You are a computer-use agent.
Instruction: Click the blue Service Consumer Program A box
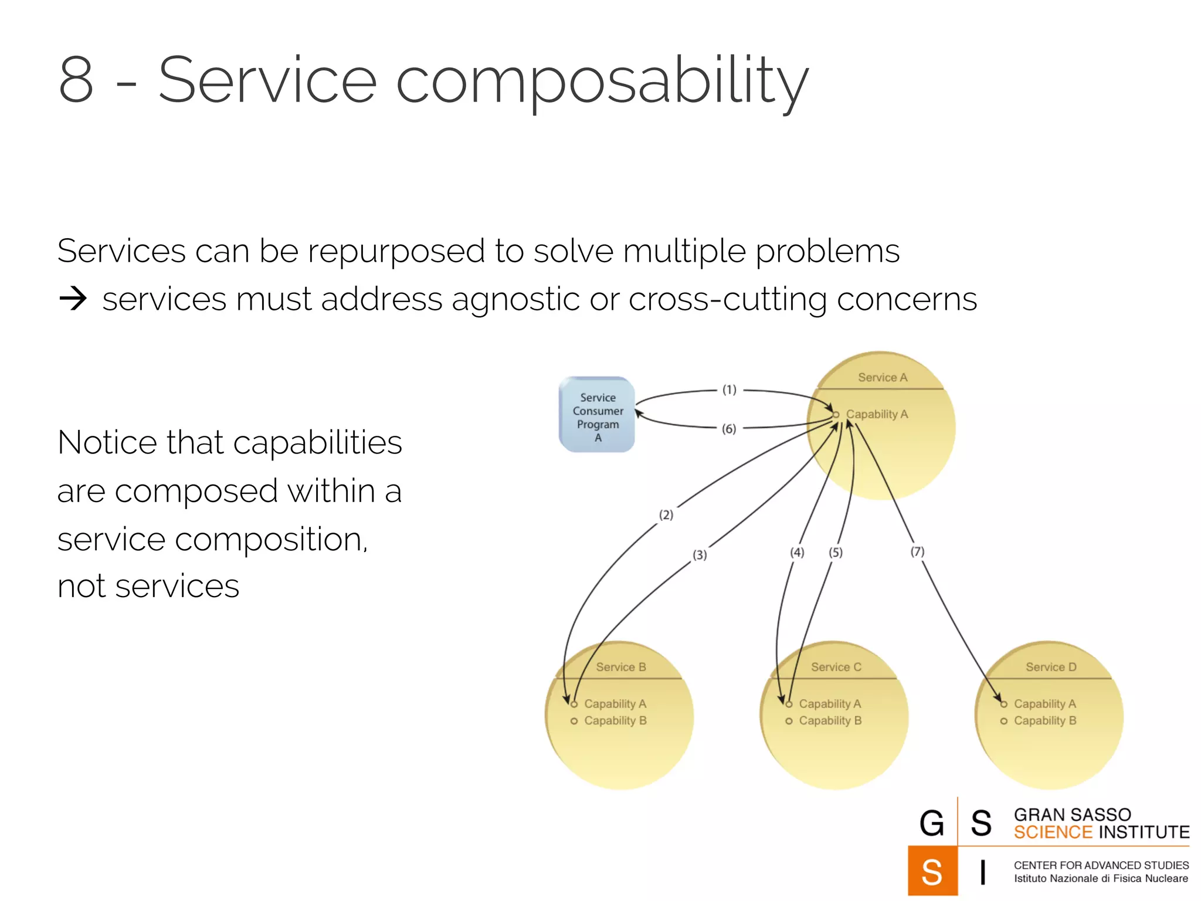point(597,415)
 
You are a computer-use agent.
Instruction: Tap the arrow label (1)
point(729,390)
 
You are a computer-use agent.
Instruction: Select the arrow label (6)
point(729,429)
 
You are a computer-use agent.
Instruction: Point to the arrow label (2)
point(666,515)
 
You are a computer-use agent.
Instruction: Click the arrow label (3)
point(700,555)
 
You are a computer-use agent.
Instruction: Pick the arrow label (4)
point(797,553)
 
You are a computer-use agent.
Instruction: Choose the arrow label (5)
point(836,553)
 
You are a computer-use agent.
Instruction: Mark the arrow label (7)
point(917,552)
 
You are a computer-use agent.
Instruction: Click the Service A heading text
point(883,378)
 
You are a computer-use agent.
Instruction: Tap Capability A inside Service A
point(877,415)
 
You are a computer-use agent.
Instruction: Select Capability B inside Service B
point(615,721)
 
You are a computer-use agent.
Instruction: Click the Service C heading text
point(836,668)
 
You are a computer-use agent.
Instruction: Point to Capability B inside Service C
point(830,721)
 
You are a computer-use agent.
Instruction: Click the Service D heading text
point(1051,668)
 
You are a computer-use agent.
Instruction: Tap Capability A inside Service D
point(1045,704)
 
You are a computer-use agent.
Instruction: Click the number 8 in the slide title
point(76,80)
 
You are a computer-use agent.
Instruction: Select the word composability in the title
point(602,82)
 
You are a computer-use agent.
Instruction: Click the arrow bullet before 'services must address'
point(73,299)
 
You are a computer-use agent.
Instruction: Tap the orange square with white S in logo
point(932,872)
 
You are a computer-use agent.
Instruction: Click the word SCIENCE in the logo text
point(1053,832)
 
